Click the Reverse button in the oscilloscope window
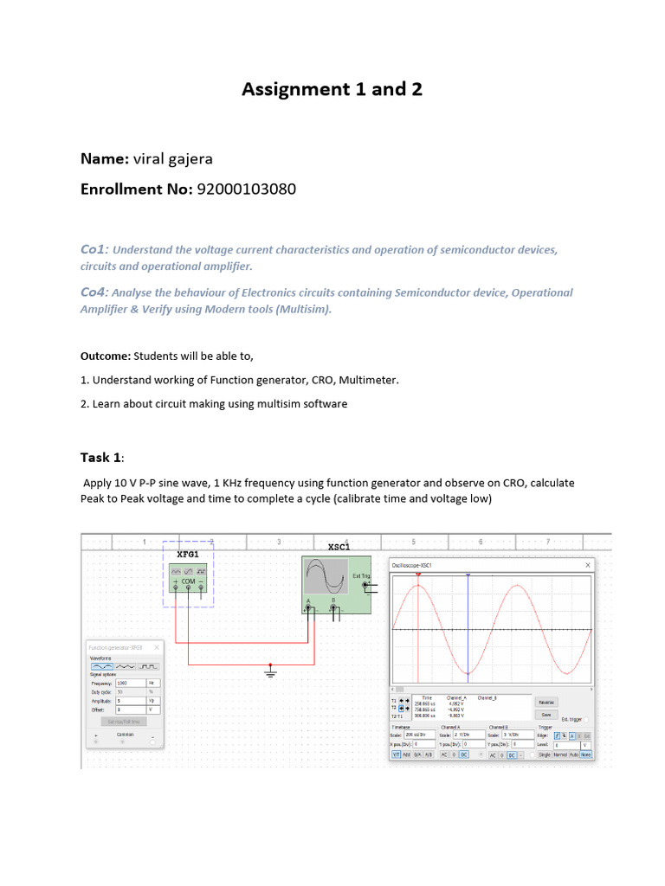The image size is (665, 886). click(546, 702)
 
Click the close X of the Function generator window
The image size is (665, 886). click(157, 646)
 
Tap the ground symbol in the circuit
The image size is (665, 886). click(270, 671)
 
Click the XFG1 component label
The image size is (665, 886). click(188, 554)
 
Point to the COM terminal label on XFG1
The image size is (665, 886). click(188, 581)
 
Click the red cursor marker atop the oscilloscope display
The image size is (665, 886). click(418, 575)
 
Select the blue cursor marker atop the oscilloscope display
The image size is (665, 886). click(468, 575)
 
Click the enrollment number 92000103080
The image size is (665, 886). click(247, 189)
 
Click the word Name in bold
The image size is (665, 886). click(103, 158)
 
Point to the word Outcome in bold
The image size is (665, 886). click(105, 356)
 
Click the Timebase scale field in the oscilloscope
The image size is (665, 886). click(425, 735)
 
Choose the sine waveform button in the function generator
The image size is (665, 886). click(102, 667)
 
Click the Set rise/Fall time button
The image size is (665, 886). click(124, 721)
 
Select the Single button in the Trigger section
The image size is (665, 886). click(545, 754)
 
